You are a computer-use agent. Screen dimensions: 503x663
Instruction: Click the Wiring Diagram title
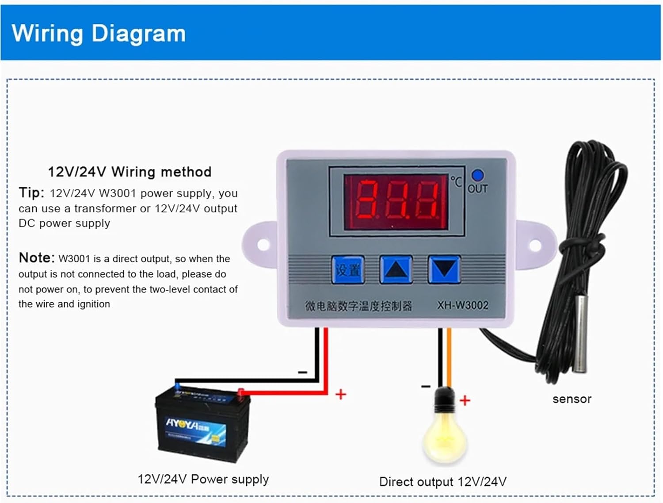tap(99, 34)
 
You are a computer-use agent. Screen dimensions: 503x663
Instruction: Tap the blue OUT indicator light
tap(477, 175)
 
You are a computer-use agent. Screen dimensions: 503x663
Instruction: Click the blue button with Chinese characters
tap(348, 269)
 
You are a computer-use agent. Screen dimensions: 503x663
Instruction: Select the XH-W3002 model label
tap(463, 305)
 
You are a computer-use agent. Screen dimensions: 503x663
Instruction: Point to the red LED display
tap(396, 202)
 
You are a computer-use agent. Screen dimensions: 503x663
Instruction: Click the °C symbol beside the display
tap(456, 181)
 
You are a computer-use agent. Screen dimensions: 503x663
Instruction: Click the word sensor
tap(572, 399)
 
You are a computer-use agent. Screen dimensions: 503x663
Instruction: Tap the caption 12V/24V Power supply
tap(203, 479)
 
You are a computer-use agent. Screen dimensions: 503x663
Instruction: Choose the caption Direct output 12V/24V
tap(443, 482)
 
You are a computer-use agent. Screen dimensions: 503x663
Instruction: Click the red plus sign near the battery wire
tap(340, 394)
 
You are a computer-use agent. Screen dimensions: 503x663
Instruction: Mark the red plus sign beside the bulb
tap(465, 400)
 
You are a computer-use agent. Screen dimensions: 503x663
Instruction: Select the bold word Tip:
tap(31, 193)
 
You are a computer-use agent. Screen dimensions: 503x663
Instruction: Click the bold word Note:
tap(37, 257)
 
